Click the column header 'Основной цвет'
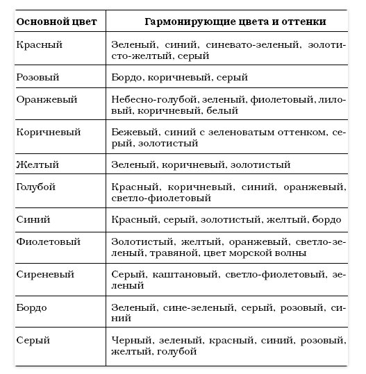[x=53, y=22]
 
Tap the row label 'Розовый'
[x=35, y=77]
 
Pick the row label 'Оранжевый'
[x=42, y=99]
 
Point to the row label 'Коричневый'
[x=44, y=132]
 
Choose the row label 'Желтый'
[x=34, y=164]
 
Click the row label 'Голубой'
[x=35, y=187]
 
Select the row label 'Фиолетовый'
[x=46, y=241]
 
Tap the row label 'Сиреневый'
[x=44, y=274]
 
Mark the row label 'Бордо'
[x=31, y=307]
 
